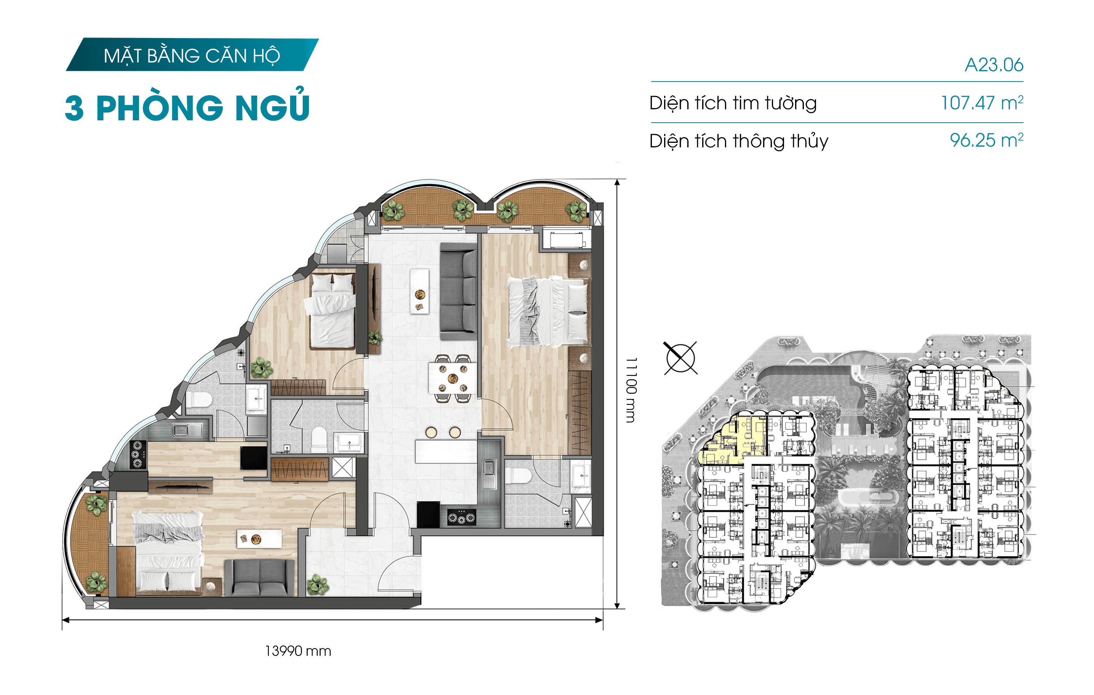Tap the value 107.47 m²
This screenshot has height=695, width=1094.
982,103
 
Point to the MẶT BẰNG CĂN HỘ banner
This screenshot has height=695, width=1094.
192,55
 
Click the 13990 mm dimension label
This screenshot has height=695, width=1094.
298,651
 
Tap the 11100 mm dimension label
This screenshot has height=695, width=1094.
631,390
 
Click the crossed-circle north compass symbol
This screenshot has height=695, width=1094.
680,358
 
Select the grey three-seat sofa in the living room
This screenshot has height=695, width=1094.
458,291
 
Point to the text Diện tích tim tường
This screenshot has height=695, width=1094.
733,103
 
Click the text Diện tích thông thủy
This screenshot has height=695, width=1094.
739,141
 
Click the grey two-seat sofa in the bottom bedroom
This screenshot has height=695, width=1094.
259,577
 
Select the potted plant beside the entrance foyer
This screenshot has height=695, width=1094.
317,585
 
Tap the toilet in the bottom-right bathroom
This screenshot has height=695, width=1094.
518,476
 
